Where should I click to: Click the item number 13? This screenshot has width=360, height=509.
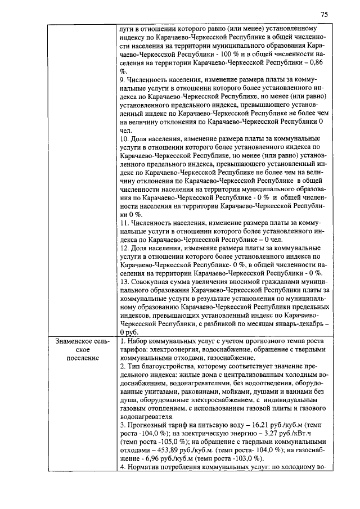point(125,281)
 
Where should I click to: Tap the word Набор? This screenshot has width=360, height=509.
point(138,341)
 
